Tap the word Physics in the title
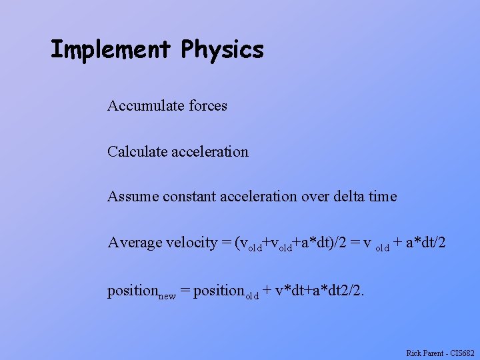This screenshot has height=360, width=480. click(x=222, y=49)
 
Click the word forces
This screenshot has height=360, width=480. click(x=208, y=105)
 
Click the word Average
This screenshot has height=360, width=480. click(x=134, y=242)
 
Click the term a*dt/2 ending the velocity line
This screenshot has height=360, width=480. click(x=424, y=243)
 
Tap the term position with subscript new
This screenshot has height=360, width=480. click(x=141, y=291)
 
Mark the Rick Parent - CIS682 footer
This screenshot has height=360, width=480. click(x=440, y=351)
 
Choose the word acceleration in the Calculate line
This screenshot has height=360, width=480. click(x=209, y=151)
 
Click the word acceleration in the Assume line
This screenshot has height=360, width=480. click(x=255, y=197)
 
